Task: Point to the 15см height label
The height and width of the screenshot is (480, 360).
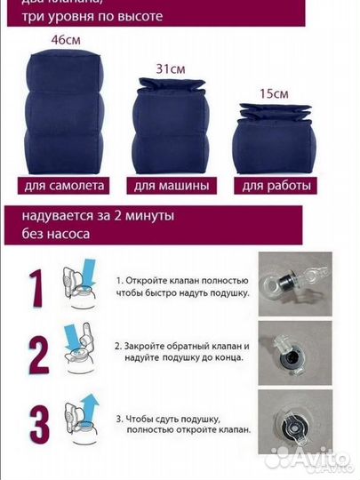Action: coord(272,92)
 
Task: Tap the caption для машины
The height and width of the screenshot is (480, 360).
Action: coord(172,187)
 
